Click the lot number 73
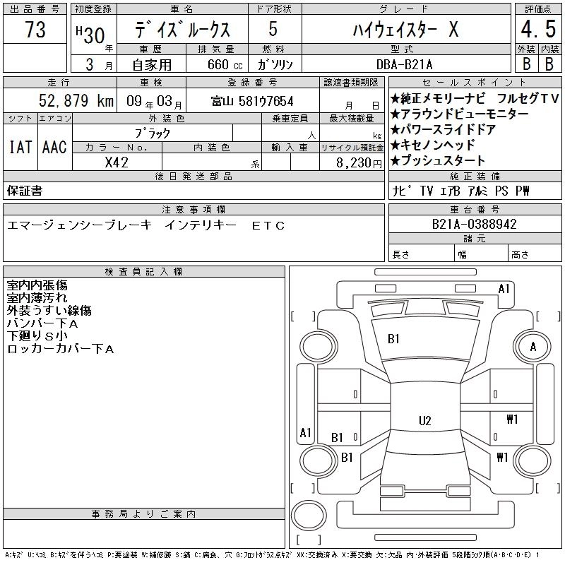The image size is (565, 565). coord(35,30)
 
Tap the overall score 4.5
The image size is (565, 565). coord(538,29)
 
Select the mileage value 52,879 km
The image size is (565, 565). coord(76,100)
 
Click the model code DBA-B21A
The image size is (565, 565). coord(404,64)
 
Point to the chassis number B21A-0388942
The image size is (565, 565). coord(474,224)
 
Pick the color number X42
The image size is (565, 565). coord(117,162)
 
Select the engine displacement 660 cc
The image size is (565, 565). coord(225,64)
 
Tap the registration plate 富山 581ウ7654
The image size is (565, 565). coord(252,101)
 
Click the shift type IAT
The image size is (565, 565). coord(20,147)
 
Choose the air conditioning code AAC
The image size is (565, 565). coord(54,147)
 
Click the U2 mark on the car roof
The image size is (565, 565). coord(425,420)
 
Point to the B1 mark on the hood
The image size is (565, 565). coord(393,339)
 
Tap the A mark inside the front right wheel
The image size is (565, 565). coord(533,347)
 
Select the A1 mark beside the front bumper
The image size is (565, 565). coord(504,289)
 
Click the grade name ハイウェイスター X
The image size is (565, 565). coord(405,29)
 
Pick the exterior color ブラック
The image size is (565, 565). coord(152,133)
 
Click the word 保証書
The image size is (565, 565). coord(25,191)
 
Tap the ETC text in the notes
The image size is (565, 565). coord(268,225)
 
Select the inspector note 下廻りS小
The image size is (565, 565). coord(37,336)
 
